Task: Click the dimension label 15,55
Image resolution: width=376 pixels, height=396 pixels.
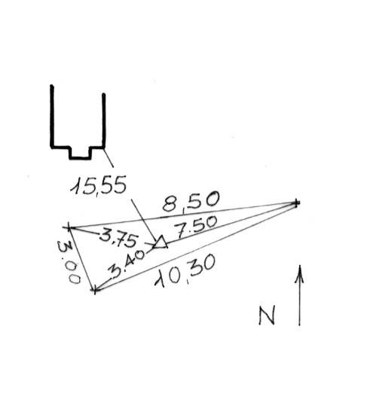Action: tap(99, 185)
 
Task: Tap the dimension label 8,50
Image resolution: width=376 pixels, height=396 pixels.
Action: tap(191, 202)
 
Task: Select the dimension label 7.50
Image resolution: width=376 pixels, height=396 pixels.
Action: tap(196, 227)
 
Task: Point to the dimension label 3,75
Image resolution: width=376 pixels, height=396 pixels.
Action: tap(119, 239)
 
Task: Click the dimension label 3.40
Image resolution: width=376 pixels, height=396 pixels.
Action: tap(127, 264)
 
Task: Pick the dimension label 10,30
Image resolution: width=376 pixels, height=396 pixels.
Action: tap(185, 271)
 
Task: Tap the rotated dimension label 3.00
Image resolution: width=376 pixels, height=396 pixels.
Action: tap(69, 262)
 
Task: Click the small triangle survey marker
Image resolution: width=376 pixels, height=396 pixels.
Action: tap(160, 242)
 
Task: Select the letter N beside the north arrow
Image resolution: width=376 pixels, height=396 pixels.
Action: tap(267, 315)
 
